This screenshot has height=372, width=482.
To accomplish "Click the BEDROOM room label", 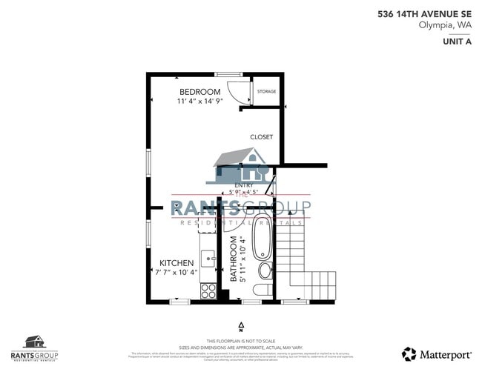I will [200, 91].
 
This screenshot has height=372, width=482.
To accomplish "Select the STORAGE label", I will [266, 92].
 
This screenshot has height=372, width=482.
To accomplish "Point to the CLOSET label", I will [261, 137].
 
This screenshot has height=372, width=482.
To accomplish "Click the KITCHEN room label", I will [177, 263].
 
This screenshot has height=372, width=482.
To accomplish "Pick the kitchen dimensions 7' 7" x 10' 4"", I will [177, 273].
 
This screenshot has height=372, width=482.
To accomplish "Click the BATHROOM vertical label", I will [233, 259].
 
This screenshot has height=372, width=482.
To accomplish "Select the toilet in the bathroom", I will [264, 289].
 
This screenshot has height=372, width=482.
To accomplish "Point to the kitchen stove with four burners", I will [208, 290].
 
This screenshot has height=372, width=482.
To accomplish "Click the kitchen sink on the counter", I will [208, 259].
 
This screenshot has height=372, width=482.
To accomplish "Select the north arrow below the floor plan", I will [241, 325].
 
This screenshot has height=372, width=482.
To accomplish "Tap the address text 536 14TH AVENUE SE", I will [424, 13].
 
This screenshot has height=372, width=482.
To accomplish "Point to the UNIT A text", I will [457, 41].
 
